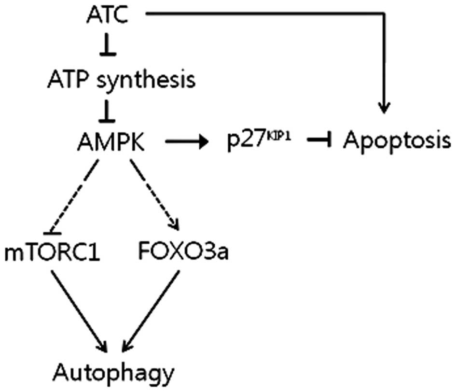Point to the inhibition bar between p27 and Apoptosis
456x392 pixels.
point(318,141)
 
